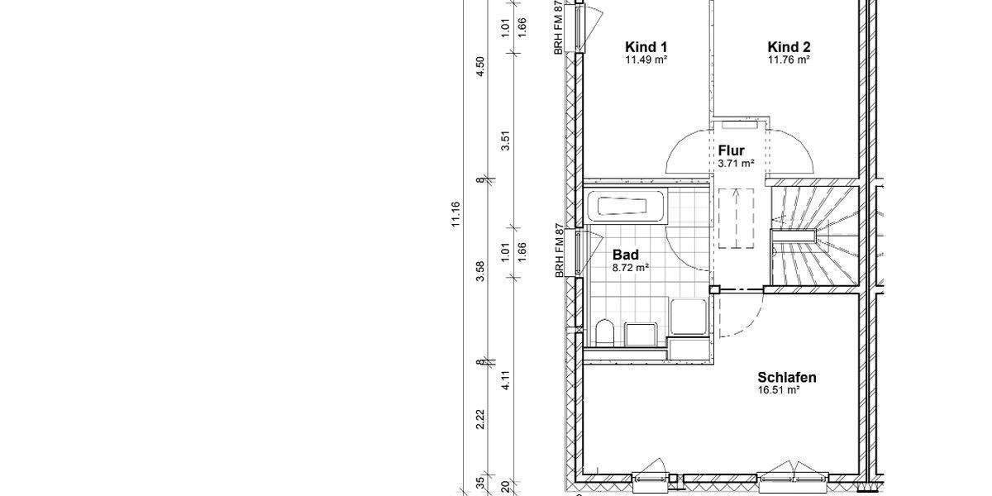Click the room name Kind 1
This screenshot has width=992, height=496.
(646, 46)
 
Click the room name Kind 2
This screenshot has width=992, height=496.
(789, 46)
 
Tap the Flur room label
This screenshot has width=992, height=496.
(732, 150)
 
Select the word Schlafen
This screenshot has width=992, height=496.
(786, 378)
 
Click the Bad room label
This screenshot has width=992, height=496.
(626, 255)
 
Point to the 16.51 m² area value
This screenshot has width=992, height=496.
(779, 390)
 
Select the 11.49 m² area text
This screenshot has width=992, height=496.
(646, 60)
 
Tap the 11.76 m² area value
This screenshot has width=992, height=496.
(789, 60)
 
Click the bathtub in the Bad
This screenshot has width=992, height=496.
(626, 207)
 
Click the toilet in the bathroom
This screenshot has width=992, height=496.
(604, 332)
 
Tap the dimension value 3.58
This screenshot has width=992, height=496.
(480, 271)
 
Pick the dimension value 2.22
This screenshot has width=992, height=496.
(480, 420)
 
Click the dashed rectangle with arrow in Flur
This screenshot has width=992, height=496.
(737, 218)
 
